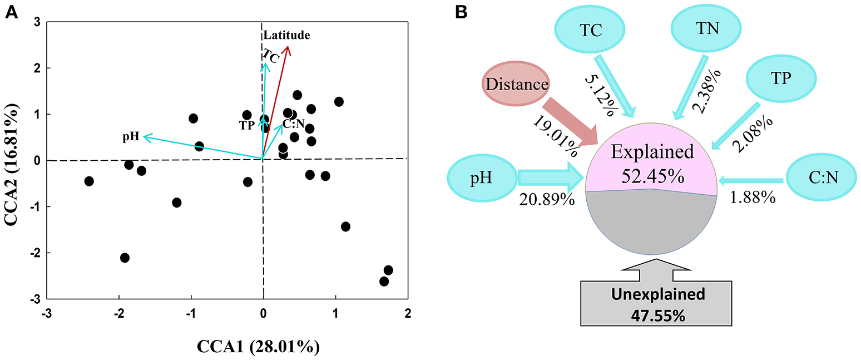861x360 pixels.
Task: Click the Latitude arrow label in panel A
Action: pos(286,36)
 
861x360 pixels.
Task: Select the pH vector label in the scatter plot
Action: pos(131,136)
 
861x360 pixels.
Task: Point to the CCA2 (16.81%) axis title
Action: pos(16,160)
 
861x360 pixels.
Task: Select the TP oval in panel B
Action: pos(781,78)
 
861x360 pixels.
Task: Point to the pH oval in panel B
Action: pos(482,178)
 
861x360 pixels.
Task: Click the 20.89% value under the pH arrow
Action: pos(546,199)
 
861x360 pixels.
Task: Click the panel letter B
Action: pos(461,12)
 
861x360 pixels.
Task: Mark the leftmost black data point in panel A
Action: pos(88,181)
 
